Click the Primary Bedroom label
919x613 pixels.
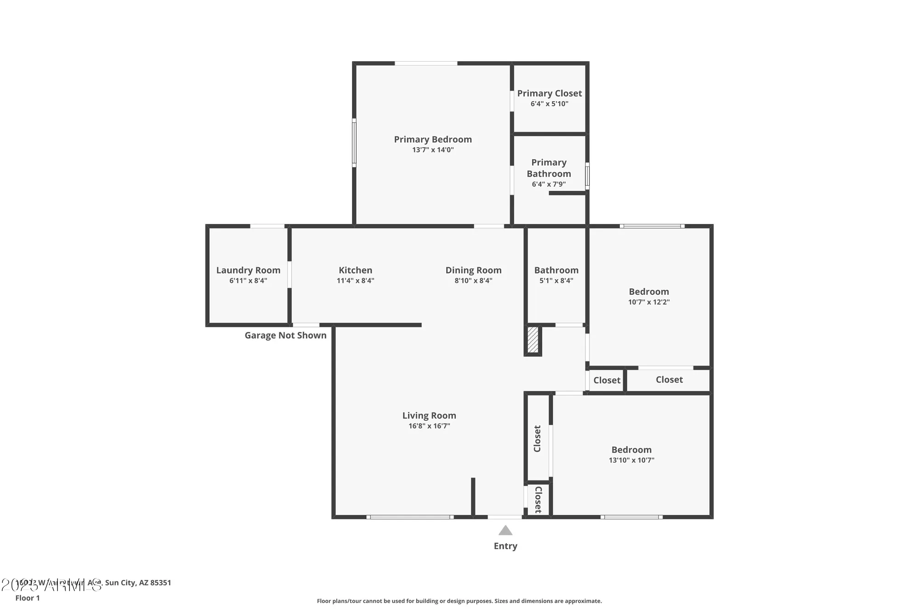tap(433, 139)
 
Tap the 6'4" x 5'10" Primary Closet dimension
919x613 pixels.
tap(549, 104)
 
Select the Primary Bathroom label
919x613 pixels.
tap(549, 168)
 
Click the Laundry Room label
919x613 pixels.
tap(248, 270)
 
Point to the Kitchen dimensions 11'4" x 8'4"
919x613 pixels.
tap(355, 281)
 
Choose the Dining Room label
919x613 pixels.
tap(473, 270)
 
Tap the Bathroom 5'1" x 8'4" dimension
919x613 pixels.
tap(556, 281)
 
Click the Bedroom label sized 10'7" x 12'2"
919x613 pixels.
tap(648, 292)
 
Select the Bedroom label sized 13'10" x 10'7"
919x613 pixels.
tap(631, 450)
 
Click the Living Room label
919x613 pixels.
tap(429, 416)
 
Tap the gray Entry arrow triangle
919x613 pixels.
tap(505, 531)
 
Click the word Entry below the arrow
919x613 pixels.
tap(505, 546)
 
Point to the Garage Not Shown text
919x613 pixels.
tap(285, 335)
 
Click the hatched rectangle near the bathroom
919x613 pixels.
tap(533, 340)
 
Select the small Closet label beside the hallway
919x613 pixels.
tap(607, 380)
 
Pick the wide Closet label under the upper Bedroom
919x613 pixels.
tap(669, 379)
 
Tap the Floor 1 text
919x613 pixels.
tap(28, 598)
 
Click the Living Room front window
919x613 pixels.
tap(410, 517)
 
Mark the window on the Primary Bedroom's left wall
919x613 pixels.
tap(354, 142)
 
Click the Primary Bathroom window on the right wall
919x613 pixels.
tap(587, 176)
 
